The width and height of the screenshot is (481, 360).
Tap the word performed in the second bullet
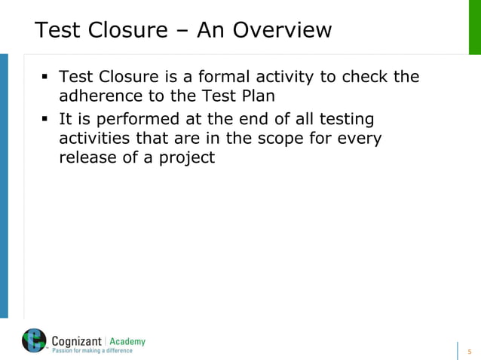point(134,119)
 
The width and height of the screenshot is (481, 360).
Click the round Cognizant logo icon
point(34,342)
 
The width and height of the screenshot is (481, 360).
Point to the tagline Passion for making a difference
point(91,351)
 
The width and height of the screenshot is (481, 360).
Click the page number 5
point(470,351)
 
